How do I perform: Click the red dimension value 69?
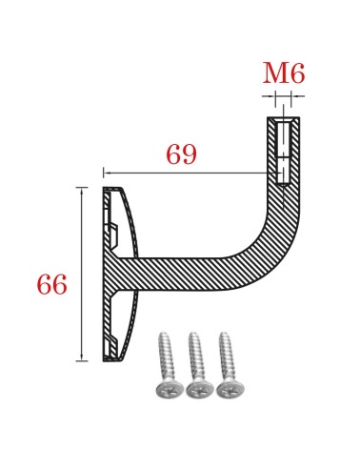181,154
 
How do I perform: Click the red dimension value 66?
51,284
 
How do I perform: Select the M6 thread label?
284,74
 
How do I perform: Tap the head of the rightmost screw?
229,389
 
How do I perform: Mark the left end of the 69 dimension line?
104,173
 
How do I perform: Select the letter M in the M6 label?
273,74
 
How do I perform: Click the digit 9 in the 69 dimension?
190,154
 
